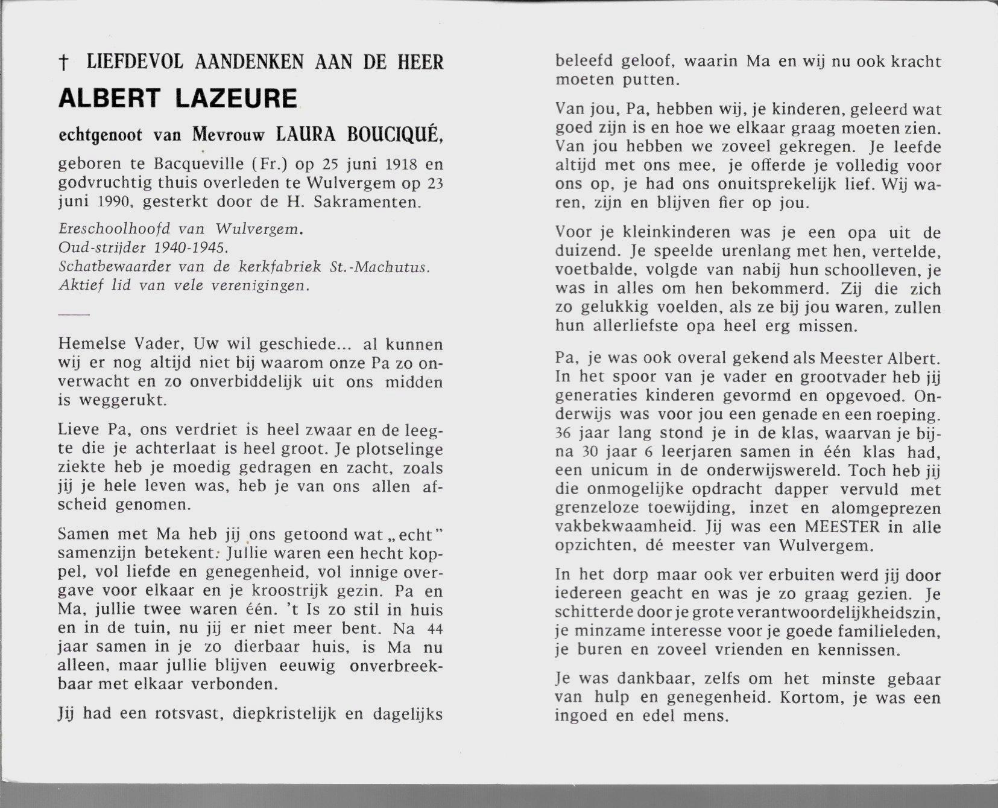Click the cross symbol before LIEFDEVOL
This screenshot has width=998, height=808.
pos(62,62)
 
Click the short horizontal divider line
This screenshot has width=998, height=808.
pos(74,314)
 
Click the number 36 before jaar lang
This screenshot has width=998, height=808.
pos(564,433)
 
